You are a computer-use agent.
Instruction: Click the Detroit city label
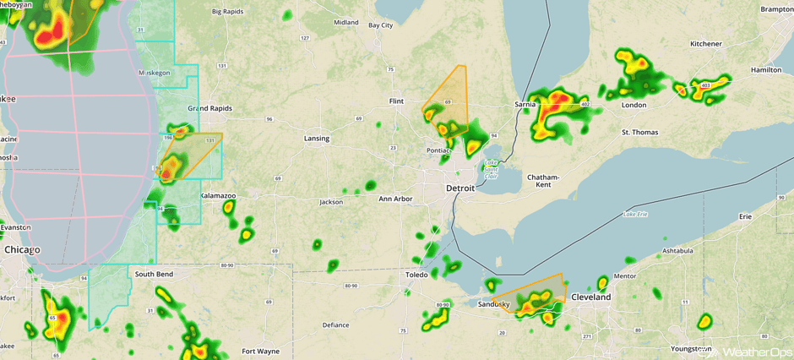click(x=460, y=188)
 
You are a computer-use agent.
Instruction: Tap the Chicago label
click(x=22, y=250)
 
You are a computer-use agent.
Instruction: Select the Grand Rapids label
click(x=209, y=108)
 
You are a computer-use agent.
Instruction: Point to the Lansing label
click(x=317, y=138)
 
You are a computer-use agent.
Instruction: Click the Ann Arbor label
click(x=395, y=199)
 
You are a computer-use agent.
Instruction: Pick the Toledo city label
click(x=416, y=275)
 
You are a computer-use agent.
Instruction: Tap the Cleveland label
click(x=590, y=297)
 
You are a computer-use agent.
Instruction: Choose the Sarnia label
click(x=526, y=105)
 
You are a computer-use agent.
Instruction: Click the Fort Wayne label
click(x=260, y=351)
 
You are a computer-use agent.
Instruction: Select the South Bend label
click(x=155, y=275)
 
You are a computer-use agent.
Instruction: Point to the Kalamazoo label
click(x=218, y=195)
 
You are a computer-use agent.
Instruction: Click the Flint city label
click(x=395, y=101)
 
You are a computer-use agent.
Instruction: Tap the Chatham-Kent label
click(x=544, y=180)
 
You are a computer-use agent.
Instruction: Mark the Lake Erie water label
click(x=635, y=215)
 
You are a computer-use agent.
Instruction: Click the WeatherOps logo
click(x=748, y=351)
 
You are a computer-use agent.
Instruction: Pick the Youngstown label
click(x=684, y=348)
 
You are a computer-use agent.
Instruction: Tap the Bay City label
click(x=380, y=25)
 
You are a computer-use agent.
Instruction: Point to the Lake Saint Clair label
click(x=492, y=170)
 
